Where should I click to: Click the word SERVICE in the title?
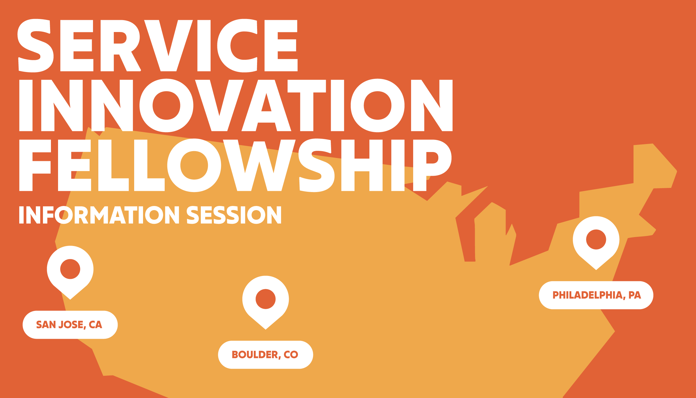pos(158,46)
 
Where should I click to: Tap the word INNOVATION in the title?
pos(236,106)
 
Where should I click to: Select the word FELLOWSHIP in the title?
pos(235,165)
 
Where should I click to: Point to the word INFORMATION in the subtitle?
pos(99,215)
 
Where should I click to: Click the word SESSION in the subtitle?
pos(234,215)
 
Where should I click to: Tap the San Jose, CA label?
pos(70,325)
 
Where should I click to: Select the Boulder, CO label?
pos(265,355)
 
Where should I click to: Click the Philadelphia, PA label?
pos(596,295)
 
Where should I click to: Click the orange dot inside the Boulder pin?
pos(266,299)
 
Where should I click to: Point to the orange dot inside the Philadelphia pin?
pos(596,239)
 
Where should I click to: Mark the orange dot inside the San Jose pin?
pos(70,269)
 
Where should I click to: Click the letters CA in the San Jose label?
pos(95,325)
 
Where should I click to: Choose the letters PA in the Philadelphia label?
pos(635,295)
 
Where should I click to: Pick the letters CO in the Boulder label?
pos(291,355)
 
